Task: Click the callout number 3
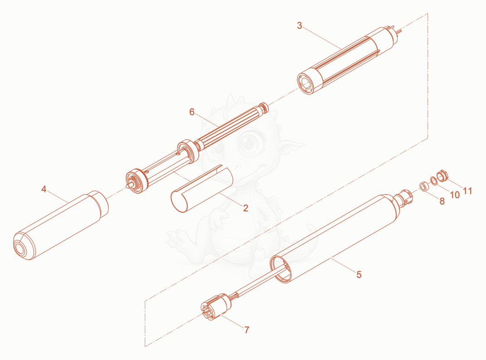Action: [299, 25]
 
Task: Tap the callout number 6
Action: [192, 112]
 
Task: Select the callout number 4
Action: [44, 189]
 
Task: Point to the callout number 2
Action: [245, 208]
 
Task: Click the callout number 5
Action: [359, 274]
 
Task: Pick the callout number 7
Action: [247, 330]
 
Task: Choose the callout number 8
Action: [442, 201]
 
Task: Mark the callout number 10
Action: [455, 195]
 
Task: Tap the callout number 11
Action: [467, 191]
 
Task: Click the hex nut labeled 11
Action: [443, 175]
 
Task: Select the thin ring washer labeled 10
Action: [434, 180]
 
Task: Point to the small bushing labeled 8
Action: [424, 186]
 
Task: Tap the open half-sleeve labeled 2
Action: [201, 189]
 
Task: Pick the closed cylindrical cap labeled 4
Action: [61, 225]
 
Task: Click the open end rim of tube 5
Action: [281, 269]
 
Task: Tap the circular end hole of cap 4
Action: [21, 248]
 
